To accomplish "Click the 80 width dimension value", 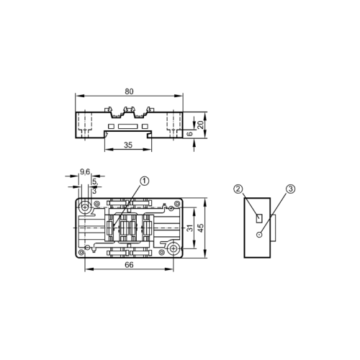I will [130, 91].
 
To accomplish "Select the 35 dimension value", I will [128, 145].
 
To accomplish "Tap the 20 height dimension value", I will [202, 123].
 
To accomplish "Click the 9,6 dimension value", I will [84, 171].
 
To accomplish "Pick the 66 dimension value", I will [130, 266].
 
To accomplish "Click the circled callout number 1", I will [144, 181].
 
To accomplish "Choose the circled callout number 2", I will [238, 189].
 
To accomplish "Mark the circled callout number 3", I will [290, 189].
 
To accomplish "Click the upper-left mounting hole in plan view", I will [86, 209].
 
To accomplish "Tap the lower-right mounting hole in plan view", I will [174, 248].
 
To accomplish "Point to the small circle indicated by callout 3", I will [260, 233].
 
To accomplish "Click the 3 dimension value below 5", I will [94, 191].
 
